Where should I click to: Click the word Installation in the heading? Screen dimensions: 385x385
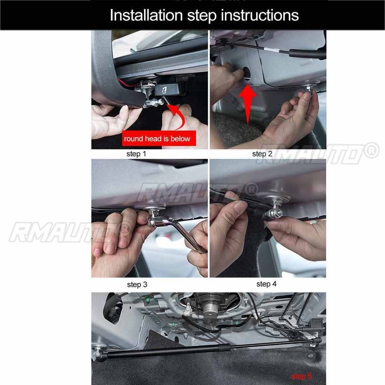(x=146, y=15)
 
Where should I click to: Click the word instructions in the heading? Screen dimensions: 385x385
(x=260, y=15)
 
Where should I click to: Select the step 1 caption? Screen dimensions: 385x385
(x=136, y=154)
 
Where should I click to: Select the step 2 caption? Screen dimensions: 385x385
(x=262, y=154)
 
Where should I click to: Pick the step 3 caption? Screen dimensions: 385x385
(x=137, y=285)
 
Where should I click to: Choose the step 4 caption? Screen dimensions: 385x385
(x=266, y=284)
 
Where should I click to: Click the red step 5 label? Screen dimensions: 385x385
(x=302, y=377)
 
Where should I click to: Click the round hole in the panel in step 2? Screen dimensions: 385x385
(x=247, y=73)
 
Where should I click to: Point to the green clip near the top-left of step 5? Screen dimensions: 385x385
(x=148, y=300)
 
